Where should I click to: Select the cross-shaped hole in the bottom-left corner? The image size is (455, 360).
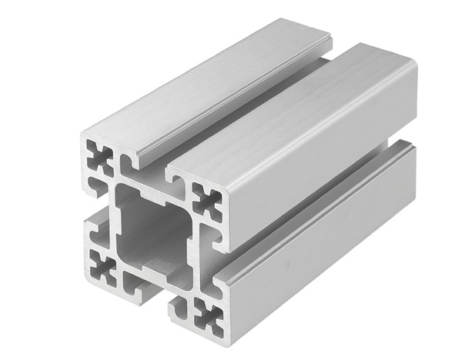pos(102,266)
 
